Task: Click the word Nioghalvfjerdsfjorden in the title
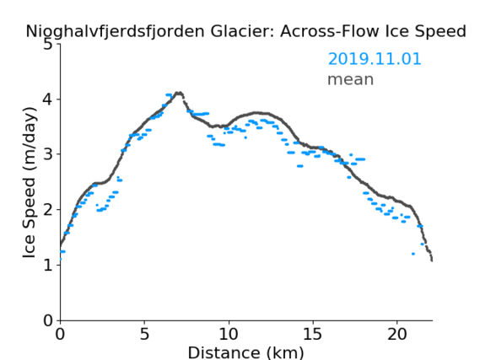click(x=115, y=32)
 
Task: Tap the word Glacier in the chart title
click(x=242, y=31)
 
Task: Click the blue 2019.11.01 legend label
click(x=375, y=59)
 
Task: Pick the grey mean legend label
click(x=351, y=79)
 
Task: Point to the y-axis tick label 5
click(x=48, y=45)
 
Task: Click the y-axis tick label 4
click(x=48, y=99)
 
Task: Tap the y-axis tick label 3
click(x=48, y=154)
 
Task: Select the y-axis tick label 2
click(x=48, y=210)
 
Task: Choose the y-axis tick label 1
click(x=48, y=265)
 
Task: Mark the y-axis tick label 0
click(x=48, y=320)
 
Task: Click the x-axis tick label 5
click(x=144, y=334)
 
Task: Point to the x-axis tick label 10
click(x=229, y=334)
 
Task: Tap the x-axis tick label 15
click(x=313, y=334)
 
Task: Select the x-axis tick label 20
click(x=397, y=334)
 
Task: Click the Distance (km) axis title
click(x=245, y=352)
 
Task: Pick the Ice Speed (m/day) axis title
click(x=30, y=182)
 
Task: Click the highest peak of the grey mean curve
click(x=179, y=93)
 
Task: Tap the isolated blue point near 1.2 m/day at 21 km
click(x=413, y=254)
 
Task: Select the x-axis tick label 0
click(x=60, y=334)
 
